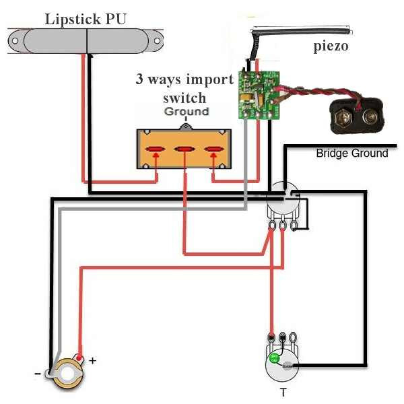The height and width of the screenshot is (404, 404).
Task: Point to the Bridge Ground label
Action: (x=351, y=154)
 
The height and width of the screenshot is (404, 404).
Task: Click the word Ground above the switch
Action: (x=187, y=112)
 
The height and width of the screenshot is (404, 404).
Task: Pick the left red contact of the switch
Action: (x=156, y=149)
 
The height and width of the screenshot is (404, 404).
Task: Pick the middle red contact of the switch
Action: (x=184, y=149)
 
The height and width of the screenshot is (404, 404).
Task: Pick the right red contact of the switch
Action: (x=213, y=149)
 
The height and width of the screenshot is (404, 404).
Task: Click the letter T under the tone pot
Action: (x=283, y=393)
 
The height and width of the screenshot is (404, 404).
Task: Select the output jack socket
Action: (x=66, y=371)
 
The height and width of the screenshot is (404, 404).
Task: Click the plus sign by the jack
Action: (x=92, y=361)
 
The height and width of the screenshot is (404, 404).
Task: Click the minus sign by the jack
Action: (x=38, y=372)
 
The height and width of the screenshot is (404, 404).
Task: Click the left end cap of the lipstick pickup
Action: (x=20, y=41)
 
